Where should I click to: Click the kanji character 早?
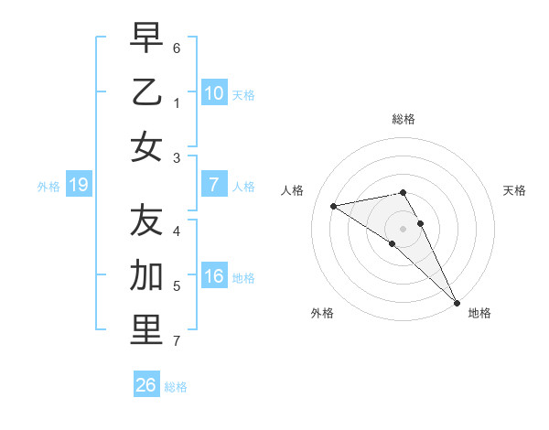(x=146, y=38)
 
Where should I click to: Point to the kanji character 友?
(x=146, y=220)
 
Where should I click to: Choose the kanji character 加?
(x=146, y=274)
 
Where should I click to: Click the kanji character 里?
(x=146, y=329)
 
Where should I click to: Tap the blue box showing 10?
(x=213, y=92)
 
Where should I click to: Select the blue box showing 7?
(x=213, y=185)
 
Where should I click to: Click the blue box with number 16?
(x=213, y=276)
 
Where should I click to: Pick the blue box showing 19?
(x=79, y=186)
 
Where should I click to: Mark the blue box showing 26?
(x=145, y=385)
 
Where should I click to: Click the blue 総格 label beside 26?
(x=176, y=387)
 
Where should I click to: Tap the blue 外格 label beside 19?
(x=48, y=187)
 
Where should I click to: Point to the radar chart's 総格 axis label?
(x=403, y=119)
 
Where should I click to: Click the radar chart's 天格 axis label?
(x=515, y=190)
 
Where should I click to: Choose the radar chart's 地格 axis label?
(x=479, y=313)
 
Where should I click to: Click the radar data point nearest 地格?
(x=457, y=303)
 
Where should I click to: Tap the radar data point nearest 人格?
(x=333, y=206)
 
